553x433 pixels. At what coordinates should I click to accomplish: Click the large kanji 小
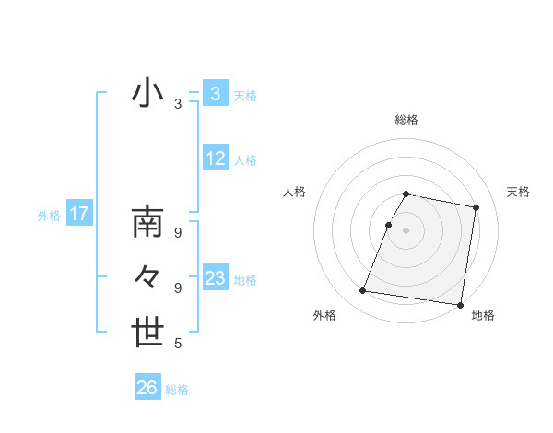(x=148, y=94)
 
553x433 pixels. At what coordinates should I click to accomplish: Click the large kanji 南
(x=148, y=224)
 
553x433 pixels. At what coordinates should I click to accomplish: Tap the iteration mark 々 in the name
(x=148, y=276)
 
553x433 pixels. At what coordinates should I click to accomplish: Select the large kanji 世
(x=148, y=332)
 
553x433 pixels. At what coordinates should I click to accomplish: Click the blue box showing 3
(x=215, y=93)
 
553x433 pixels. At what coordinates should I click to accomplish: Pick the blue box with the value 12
(x=215, y=158)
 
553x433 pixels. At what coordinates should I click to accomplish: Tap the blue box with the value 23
(x=215, y=278)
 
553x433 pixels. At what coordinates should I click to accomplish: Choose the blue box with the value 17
(x=78, y=215)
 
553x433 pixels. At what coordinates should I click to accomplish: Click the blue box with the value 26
(x=147, y=388)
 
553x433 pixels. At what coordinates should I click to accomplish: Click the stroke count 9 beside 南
(x=178, y=233)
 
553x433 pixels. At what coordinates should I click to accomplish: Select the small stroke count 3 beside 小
(x=178, y=105)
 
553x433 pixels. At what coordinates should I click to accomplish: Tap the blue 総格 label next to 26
(x=177, y=390)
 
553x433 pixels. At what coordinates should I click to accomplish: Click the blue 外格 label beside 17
(x=49, y=216)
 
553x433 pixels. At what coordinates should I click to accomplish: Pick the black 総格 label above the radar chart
(x=406, y=121)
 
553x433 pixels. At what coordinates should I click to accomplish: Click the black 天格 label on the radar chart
(x=518, y=192)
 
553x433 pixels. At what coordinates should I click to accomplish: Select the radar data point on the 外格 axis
(x=363, y=291)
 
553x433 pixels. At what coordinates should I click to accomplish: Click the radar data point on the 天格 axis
(x=476, y=208)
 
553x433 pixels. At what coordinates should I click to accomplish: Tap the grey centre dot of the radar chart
(x=406, y=229)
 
